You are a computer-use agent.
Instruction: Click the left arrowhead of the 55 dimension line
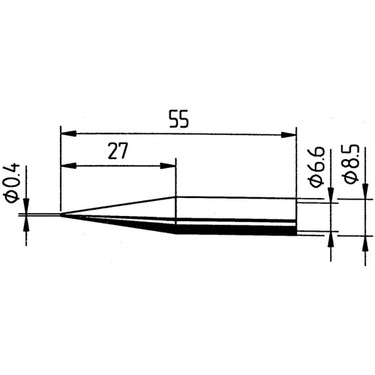coord(66,135)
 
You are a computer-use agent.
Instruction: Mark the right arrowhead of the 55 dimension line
coord(289,135)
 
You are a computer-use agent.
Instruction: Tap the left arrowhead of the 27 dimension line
coord(66,165)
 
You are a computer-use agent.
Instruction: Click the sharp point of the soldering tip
coord(61,217)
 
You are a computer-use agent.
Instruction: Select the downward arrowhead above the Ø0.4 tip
coord(28,209)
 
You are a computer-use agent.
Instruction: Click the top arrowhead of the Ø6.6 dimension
coord(331,197)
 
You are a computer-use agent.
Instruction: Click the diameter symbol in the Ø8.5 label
coord(350,182)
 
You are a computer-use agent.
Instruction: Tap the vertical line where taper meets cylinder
coord(175,214)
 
